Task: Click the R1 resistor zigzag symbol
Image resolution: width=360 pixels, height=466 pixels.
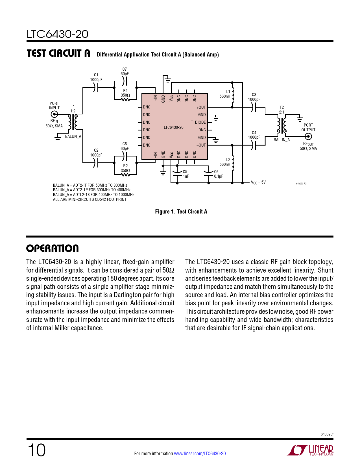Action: pos(125,99)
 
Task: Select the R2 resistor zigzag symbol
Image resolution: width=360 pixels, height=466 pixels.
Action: pos(125,175)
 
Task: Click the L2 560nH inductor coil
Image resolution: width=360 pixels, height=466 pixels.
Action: pos(233,163)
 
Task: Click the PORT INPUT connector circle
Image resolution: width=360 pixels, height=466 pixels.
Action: pos(54,114)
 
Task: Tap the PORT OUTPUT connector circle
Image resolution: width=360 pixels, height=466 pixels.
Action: pos(308,136)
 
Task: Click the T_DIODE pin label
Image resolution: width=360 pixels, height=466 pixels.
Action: pos(198,122)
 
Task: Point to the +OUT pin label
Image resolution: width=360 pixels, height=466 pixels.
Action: pos(201,107)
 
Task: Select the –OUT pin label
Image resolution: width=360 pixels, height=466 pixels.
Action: pos(201,145)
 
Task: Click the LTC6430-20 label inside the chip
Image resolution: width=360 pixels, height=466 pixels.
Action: pos(173,127)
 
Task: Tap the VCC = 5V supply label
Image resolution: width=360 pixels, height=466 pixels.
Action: pos(258,182)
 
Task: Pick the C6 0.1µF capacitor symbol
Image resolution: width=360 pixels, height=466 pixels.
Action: pos(209,173)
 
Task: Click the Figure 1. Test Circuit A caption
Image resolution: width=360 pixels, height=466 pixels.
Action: pos(181,212)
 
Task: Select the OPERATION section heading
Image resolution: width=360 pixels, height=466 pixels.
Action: pos(53,249)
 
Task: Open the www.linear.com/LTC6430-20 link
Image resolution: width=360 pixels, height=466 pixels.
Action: pos(200,454)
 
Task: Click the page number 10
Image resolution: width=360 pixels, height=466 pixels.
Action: pos(36,450)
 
